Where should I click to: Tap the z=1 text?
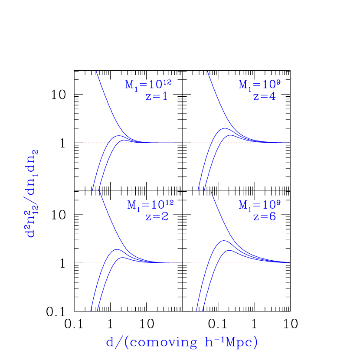click(157, 97)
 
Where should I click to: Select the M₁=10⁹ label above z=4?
click(260, 84)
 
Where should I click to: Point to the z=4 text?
click(264, 97)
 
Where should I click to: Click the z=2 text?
click(157, 216)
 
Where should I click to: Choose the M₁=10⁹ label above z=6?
click(260, 204)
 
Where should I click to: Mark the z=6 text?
click(265, 216)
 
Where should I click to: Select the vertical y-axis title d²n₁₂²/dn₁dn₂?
click(32, 193)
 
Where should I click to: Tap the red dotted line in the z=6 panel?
click(200, 263)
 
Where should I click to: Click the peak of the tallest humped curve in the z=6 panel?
click(223, 240)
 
